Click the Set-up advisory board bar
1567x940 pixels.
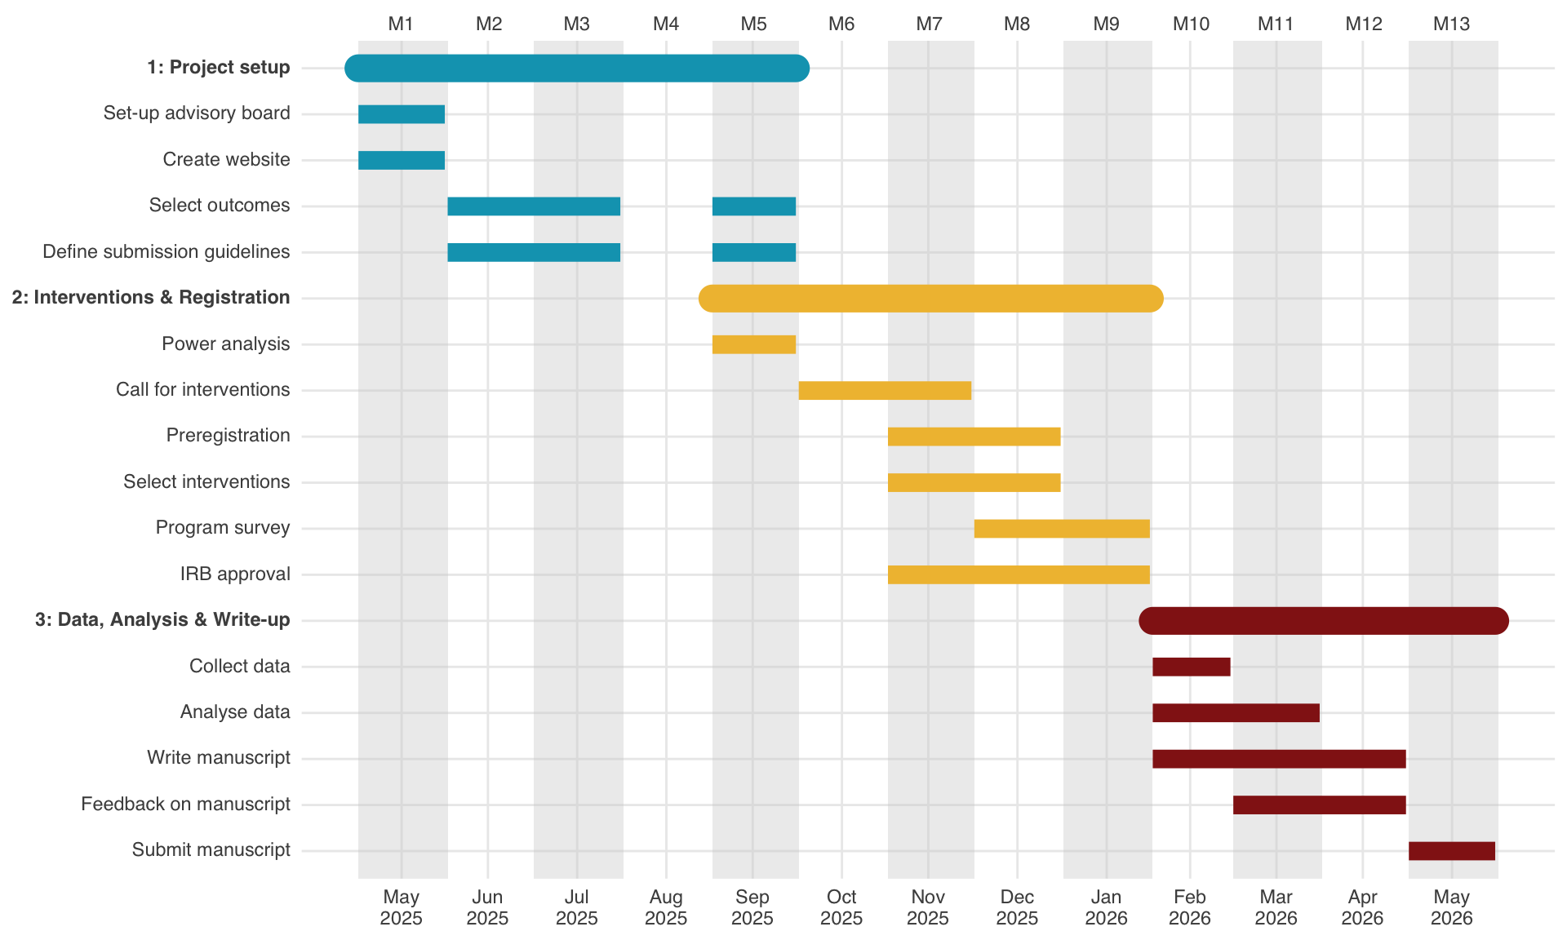[402, 114]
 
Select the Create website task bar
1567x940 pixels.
[402, 160]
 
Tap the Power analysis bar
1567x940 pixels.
[753, 344]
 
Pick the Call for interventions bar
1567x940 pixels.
[885, 390]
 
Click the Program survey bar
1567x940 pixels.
[1062, 529]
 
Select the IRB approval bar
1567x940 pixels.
[1019, 574]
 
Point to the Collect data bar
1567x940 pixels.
[1191, 667]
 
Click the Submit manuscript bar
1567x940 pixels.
[1451, 851]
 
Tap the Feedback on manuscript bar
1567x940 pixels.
[1319, 805]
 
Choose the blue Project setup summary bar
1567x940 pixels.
[577, 69]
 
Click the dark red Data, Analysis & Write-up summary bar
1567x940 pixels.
[1323, 621]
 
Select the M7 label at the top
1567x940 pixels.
[929, 24]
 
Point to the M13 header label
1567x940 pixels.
[1451, 24]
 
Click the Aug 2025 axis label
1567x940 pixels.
[666, 907]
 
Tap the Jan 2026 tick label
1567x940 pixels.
[1106, 907]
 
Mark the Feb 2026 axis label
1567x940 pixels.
[1189, 907]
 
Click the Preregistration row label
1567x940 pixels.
[228, 436]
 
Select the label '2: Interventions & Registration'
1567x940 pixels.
[151, 298]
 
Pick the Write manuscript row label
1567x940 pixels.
[219, 758]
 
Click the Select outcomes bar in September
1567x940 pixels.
[753, 206]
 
